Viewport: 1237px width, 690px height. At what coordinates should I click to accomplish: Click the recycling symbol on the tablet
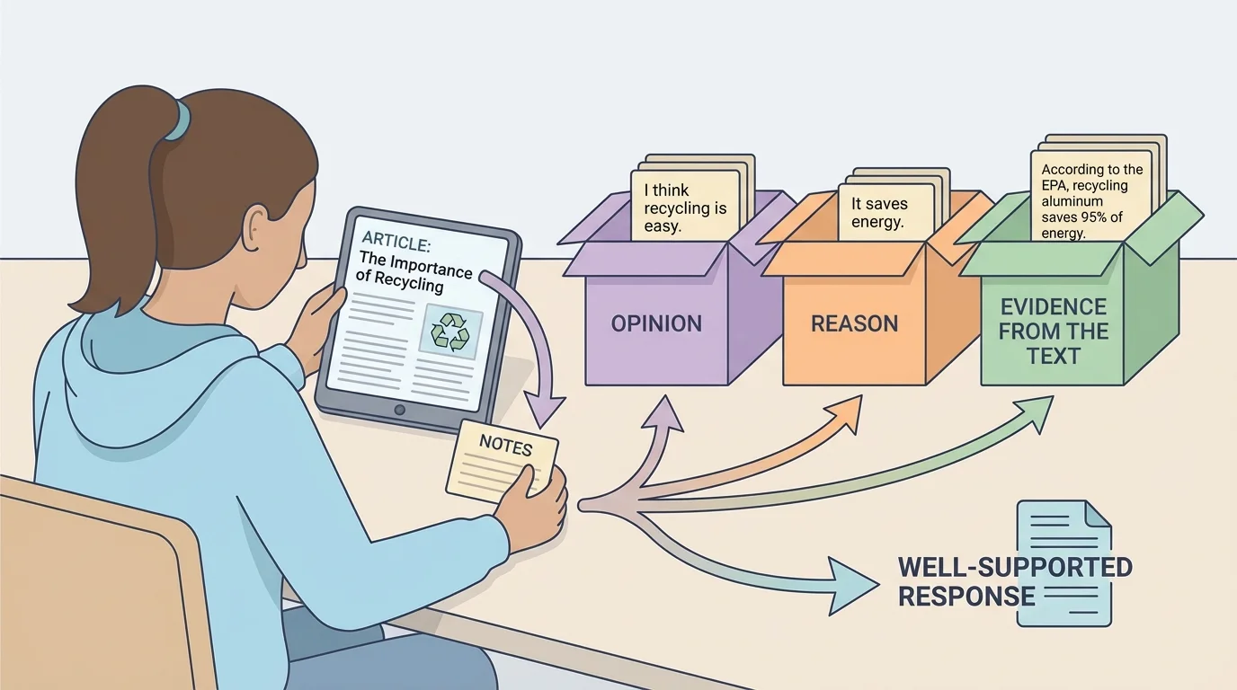pyautogui.click(x=450, y=331)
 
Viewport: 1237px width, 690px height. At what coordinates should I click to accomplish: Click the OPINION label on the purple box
pyautogui.click(x=656, y=323)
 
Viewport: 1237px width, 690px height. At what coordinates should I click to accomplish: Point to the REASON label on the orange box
pyautogui.click(x=854, y=324)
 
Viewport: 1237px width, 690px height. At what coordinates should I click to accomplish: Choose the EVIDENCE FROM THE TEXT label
pyautogui.click(x=1053, y=332)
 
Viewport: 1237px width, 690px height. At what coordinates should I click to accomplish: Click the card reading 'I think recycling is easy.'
pyautogui.click(x=685, y=208)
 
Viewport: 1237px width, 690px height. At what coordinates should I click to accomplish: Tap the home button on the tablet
pyautogui.click(x=400, y=410)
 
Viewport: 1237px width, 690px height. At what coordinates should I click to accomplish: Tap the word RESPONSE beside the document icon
pyautogui.click(x=966, y=596)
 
